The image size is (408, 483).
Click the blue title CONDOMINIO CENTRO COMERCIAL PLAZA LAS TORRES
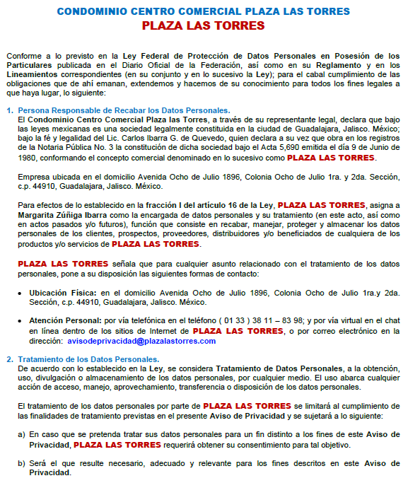point(204,11)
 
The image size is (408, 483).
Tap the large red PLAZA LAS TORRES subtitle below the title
point(204,26)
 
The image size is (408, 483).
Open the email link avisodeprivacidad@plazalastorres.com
point(141,341)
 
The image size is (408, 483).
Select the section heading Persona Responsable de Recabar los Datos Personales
point(124,110)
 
